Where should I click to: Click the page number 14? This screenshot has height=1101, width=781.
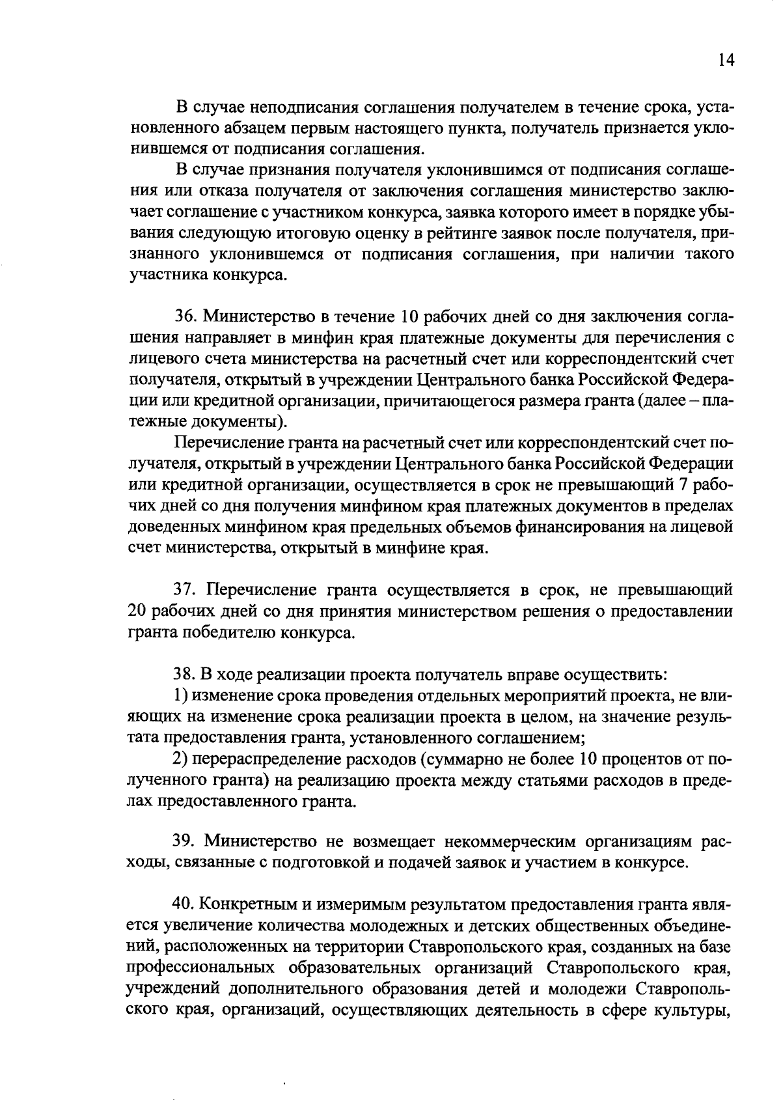coord(726,61)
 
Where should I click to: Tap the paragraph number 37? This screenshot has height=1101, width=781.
coord(185,591)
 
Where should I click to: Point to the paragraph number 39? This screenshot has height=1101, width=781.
coord(185,843)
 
